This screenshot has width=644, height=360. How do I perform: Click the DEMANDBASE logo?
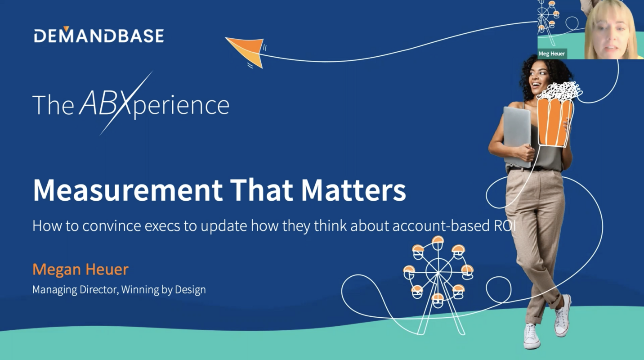pos(98,35)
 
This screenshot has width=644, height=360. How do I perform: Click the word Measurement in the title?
pos(127,190)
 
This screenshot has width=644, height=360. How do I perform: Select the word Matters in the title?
pos(353,190)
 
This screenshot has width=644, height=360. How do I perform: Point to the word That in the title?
pos(262,190)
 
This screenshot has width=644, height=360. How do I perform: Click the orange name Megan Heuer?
pos(80,270)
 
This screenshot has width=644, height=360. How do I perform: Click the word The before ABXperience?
pos(53,105)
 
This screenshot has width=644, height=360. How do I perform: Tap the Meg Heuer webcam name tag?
pos(552,54)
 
